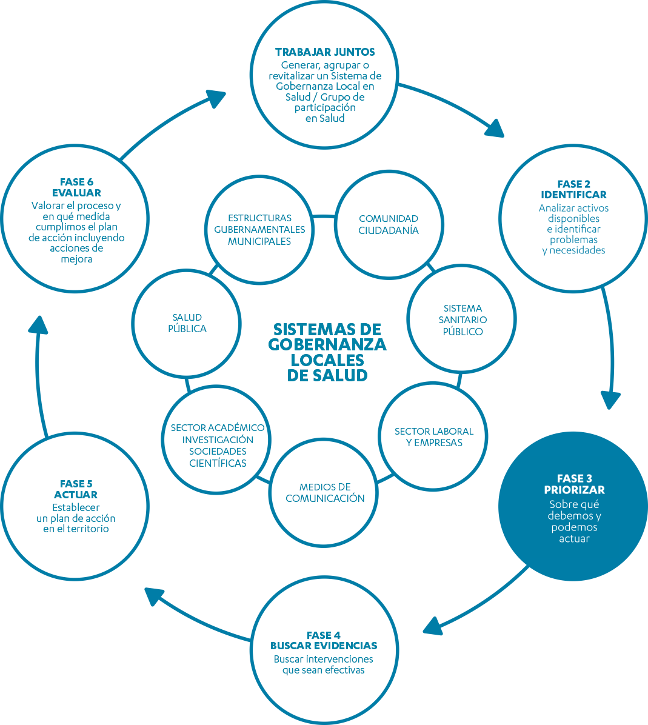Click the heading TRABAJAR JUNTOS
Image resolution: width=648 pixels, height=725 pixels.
tap(325, 52)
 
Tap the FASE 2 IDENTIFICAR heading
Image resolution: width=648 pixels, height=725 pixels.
tap(573, 189)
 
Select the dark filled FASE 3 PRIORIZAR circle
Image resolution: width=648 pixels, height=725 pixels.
tap(573, 506)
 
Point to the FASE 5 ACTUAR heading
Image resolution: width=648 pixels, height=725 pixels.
tap(76, 489)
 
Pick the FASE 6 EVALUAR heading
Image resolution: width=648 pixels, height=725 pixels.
tap(76, 187)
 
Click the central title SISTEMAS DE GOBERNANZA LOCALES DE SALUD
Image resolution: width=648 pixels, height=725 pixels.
tap(327, 352)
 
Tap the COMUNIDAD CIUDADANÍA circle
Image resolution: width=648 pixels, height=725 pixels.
tap(388, 224)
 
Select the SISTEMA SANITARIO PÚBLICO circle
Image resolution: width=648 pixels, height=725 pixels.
tap(462, 319)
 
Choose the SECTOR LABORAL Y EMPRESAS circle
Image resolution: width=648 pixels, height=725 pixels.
tap(433, 436)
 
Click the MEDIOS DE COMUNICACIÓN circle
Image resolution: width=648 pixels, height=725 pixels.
tap(325, 492)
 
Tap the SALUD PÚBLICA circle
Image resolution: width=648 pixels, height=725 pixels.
tap(187, 323)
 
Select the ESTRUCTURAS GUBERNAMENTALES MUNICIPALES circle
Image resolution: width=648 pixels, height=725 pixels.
tap(259, 229)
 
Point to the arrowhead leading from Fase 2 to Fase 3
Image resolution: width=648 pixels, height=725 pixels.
tap(611, 400)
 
